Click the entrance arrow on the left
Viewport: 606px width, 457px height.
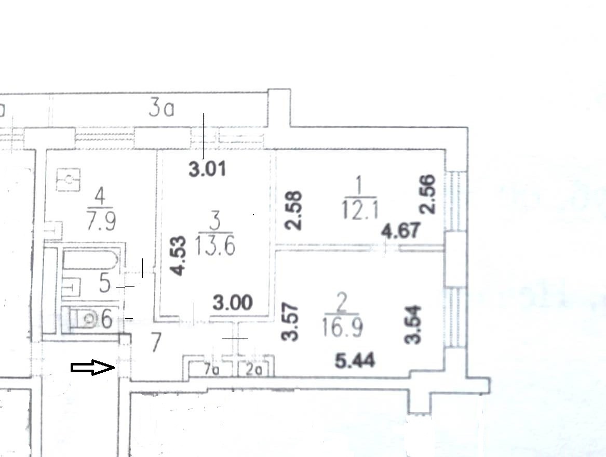click(x=93, y=368)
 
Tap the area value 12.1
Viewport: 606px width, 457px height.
click(x=359, y=211)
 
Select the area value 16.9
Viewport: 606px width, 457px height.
click(x=343, y=328)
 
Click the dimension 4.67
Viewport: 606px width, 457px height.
click(x=400, y=230)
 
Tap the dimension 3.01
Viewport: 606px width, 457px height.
click(x=207, y=169)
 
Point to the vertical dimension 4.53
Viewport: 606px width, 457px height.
click(x=178, y=256)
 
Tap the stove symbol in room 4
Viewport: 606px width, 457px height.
click(x=68, y=180)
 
